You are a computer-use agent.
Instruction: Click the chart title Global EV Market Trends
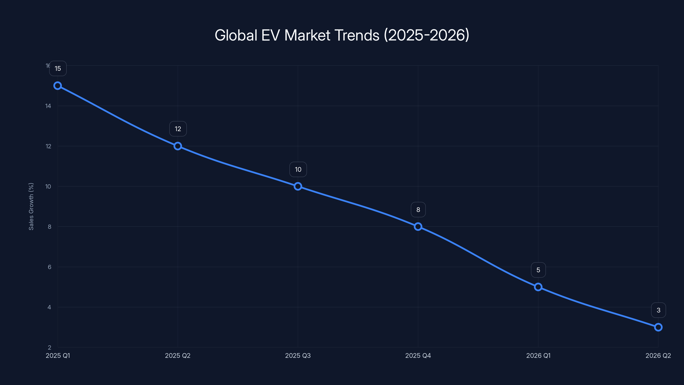[342, 35]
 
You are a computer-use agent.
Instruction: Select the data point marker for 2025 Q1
[58, 86]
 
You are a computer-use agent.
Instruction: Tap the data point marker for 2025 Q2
[178, 146]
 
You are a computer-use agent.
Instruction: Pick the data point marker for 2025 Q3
[298, 186]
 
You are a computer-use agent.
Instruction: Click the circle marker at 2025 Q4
[418, 227]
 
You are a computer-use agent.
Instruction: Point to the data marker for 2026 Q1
[538, 287]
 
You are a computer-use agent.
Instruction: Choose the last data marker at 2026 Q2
[658, 327]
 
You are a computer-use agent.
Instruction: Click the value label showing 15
[58, 68]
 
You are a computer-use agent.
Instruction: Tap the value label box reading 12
[178, 129]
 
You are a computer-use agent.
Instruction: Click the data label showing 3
[659, 310]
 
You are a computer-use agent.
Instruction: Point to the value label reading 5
[538, 270]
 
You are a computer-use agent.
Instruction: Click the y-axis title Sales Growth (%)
[31, 206]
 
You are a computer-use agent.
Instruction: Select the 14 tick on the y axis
[48, 106]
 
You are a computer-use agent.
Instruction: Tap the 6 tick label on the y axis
[49, 267]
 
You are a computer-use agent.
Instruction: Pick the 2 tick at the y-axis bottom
[49, 348]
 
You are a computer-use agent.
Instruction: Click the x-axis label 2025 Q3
[298, 355]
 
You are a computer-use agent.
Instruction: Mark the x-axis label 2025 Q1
[58, 355]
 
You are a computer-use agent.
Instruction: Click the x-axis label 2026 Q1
[538, 355]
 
